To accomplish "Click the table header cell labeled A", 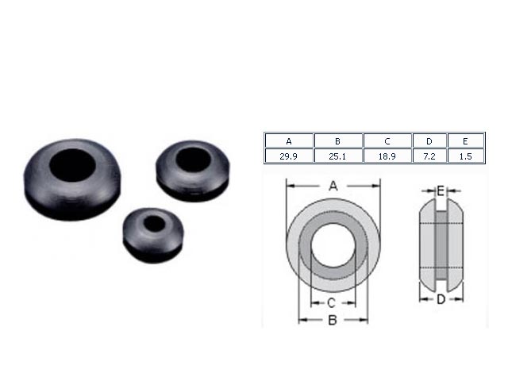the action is (x=289, y=141).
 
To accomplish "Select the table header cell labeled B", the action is (x=338, y=141).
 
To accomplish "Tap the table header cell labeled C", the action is (x=387, y=141).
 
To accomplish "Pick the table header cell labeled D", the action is (x=429, y=141).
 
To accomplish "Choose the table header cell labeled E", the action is (x=466, y=141).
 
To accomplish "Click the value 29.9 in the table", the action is (x=289, y=156).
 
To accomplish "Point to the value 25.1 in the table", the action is (x=338, y=156).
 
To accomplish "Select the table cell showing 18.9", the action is (x=387, y=156).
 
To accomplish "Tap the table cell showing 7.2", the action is (x=429, y=156).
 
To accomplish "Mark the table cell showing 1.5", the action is (x=466, y=156).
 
